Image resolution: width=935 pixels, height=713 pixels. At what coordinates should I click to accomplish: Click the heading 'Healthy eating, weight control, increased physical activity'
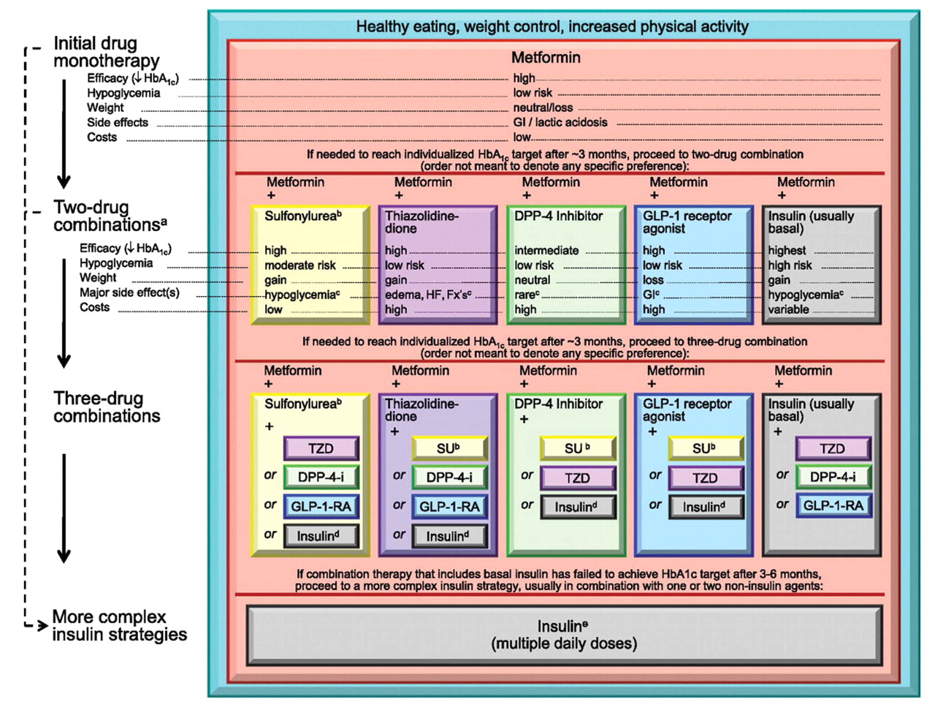click(552, 27)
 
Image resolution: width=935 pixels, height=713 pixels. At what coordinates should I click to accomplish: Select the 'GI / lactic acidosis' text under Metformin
click(560, 123)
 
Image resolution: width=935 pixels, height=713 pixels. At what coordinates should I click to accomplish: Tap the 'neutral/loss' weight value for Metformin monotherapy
click(543, 107)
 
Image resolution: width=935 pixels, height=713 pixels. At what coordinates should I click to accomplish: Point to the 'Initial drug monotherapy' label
click(106, 52)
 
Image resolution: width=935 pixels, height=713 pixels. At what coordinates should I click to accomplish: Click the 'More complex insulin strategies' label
click(119, 626)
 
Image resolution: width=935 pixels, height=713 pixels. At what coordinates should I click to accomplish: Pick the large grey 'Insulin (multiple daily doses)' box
click(564, 635)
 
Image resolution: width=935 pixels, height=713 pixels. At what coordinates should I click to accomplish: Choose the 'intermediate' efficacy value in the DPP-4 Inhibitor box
click(546, 250)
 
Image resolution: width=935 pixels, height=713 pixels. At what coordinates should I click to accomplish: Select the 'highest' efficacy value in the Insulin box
click(787, 250)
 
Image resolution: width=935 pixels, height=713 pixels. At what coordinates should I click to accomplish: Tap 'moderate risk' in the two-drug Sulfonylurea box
click(299, 265)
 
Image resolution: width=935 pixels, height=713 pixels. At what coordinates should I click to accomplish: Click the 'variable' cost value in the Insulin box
click(788, 309)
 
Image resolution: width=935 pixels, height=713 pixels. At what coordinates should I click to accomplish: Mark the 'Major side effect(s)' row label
click(129, 293)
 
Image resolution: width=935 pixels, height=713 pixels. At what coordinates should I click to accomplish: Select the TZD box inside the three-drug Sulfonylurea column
click(321, 448)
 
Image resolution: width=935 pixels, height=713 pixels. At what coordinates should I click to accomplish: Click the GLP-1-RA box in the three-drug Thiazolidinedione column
click(449, 507)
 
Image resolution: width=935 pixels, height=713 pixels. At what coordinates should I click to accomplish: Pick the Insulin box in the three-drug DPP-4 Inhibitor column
click(576, 507)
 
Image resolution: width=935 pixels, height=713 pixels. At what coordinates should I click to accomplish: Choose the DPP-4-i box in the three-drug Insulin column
click(833, 477)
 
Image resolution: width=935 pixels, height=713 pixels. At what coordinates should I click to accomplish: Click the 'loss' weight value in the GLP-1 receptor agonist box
click(653, 280)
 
